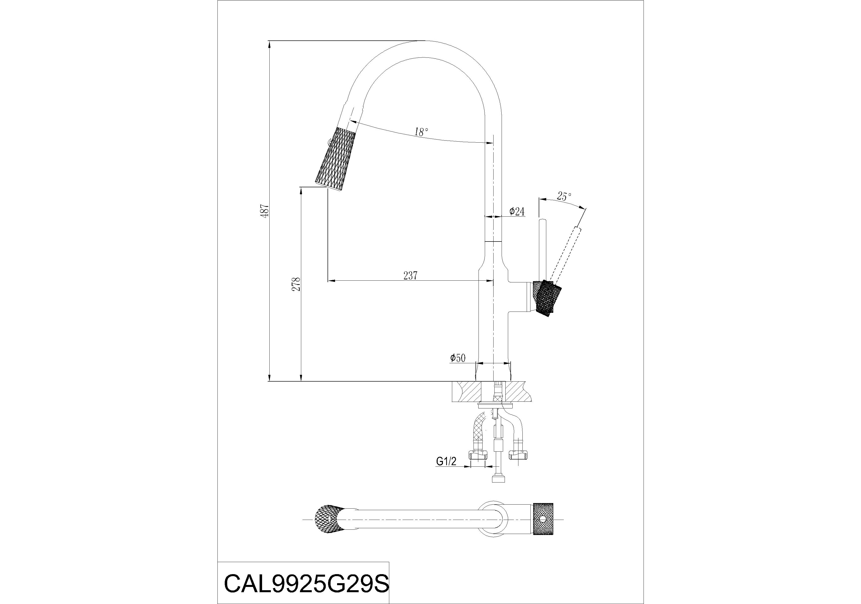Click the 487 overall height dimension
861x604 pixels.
pyautogui.click(x=266, y=211)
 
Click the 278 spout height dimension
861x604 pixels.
pyautogui.click(x=296, y=284)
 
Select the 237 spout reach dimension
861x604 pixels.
pyautogui.click(x=410, y=276)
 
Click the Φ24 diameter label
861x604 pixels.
pyautogui.click(x=516, y=212)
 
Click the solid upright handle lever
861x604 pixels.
pyautogui.click(x=542, y=250)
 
